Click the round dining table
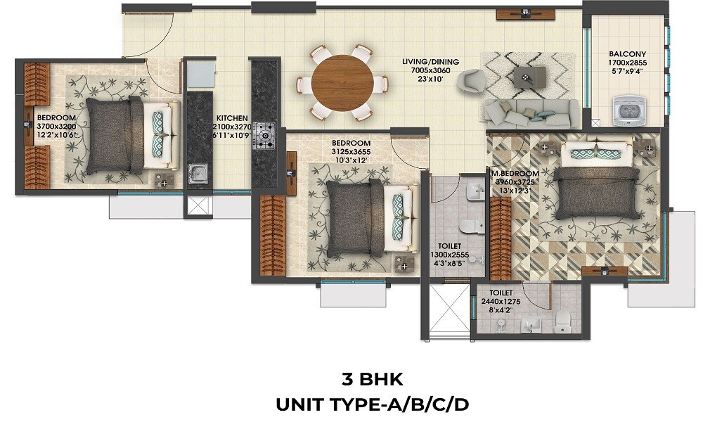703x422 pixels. (342, 83)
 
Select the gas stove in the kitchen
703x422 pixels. (266, 133)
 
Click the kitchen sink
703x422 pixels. (198, 172)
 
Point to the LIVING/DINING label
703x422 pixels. (430, 62)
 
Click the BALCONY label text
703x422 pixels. (628, 54)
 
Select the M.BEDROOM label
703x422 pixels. (516, 174)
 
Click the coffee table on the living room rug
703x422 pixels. (524, 76)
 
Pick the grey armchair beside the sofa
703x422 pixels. (469, 83)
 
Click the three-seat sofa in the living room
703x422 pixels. (531, 112)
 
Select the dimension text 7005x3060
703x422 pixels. (430, 70)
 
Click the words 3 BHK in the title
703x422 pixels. (372, 380)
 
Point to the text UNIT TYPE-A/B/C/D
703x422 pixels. (372, 404)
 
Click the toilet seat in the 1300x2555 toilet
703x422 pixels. (467, 226)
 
